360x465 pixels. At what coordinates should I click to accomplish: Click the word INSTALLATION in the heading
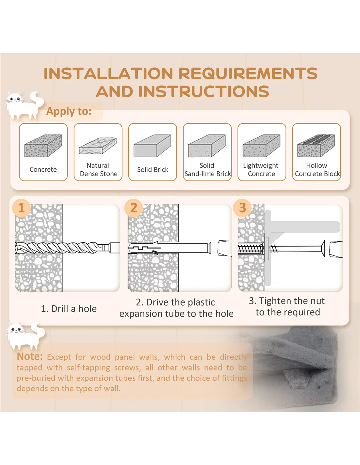point(108,73)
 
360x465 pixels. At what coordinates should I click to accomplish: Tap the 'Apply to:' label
point(69,111)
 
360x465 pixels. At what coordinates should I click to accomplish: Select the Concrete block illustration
point(43,146)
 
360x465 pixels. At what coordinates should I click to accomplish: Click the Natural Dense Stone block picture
point(98,146)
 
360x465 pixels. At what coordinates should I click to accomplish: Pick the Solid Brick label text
point(153,169)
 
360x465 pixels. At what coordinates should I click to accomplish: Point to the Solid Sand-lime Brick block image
point(207,146)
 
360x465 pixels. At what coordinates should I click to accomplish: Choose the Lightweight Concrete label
point(261,169)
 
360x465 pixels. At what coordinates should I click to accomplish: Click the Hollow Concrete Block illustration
point(316,146)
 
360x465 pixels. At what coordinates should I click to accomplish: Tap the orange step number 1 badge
point(21,208)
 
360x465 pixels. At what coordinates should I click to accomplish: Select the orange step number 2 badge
point(134,208)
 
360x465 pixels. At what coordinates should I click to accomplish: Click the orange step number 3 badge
point(243,208)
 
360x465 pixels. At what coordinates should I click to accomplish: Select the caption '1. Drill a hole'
point(69,309)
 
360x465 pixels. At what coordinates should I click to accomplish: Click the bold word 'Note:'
point(30,356)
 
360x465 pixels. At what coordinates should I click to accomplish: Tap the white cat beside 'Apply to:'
point(24,105)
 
